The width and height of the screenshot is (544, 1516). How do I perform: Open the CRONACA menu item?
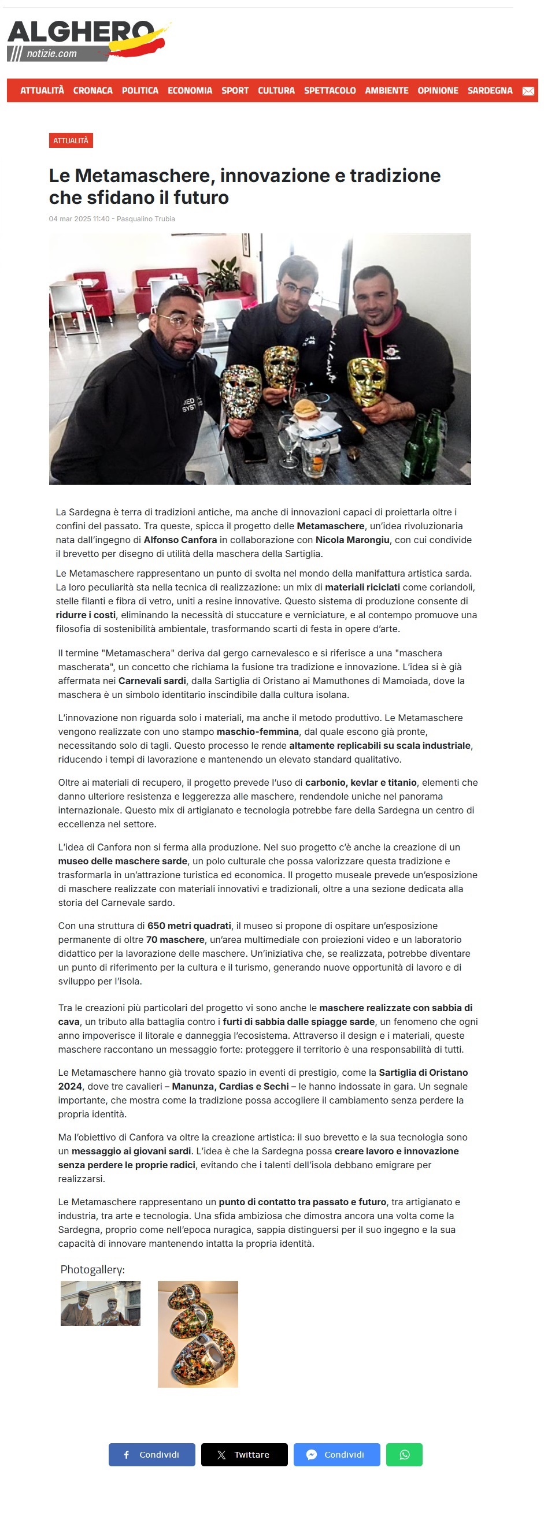92,91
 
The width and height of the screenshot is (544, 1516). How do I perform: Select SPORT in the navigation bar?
235,91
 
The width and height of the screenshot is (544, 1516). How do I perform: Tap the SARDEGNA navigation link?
490,91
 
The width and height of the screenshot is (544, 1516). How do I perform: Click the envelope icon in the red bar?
528,91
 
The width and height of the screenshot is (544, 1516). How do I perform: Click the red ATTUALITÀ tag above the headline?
71,140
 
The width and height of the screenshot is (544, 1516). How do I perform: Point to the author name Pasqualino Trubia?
146,219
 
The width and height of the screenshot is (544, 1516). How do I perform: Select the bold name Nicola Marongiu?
352,540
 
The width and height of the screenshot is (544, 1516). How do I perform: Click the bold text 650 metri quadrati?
189,926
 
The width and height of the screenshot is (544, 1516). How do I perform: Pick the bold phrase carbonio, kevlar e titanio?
361,782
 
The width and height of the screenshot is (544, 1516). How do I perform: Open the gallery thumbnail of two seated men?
101,1303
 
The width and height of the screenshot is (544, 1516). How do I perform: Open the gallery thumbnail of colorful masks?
198,1333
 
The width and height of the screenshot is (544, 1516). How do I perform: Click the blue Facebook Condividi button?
152,1454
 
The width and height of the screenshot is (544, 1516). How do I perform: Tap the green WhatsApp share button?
404,1454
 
